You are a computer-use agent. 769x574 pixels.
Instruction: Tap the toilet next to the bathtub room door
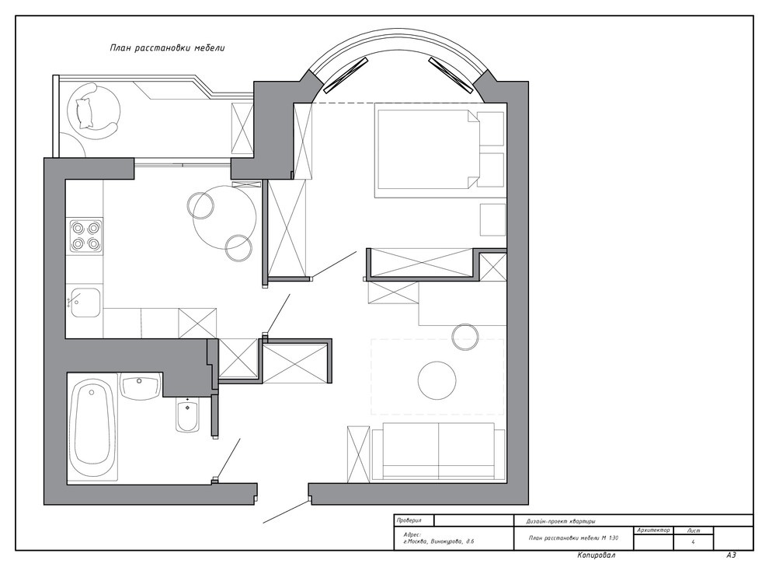pyautogui.click(x=187, y=414)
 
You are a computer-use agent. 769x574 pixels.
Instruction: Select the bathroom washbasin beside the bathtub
pyautogui.click(x=140, y=386)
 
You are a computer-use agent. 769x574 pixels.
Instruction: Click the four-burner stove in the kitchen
pyautogui.click(x=86, y=236)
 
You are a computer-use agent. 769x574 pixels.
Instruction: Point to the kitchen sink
pyautogui.click(x=85, y=303)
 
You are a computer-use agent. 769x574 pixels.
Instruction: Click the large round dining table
pyautogui.click(x=224, y=218)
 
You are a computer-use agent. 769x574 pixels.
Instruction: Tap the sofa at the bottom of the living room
pyautogui.click(x=438, y=451)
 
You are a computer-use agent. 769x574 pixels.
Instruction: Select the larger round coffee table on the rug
pyautogui.click(x=437, y=381)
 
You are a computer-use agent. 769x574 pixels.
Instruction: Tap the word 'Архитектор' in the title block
pyautogui.click(x=653, y=530)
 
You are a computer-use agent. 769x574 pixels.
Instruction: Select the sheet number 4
pyautogui.click(x=693, y=542)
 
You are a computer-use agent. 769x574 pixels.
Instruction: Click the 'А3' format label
pyautogui.click(x=731, y=555)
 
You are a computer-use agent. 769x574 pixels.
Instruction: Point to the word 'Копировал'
pyautogui.click(x=596, y=555)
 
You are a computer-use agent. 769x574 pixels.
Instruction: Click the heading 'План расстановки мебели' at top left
pyautogui.click(x=167, y=48)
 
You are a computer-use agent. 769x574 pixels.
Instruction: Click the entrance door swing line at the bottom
pyautogui.click(x=287, y=512)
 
